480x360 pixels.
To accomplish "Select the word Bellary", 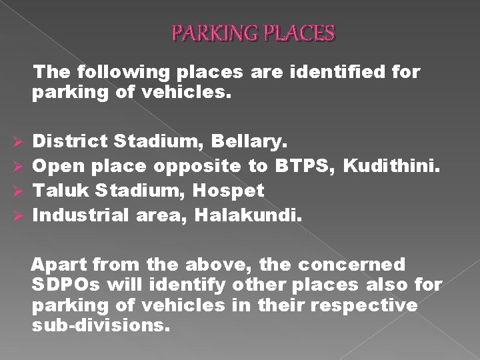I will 251,141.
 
